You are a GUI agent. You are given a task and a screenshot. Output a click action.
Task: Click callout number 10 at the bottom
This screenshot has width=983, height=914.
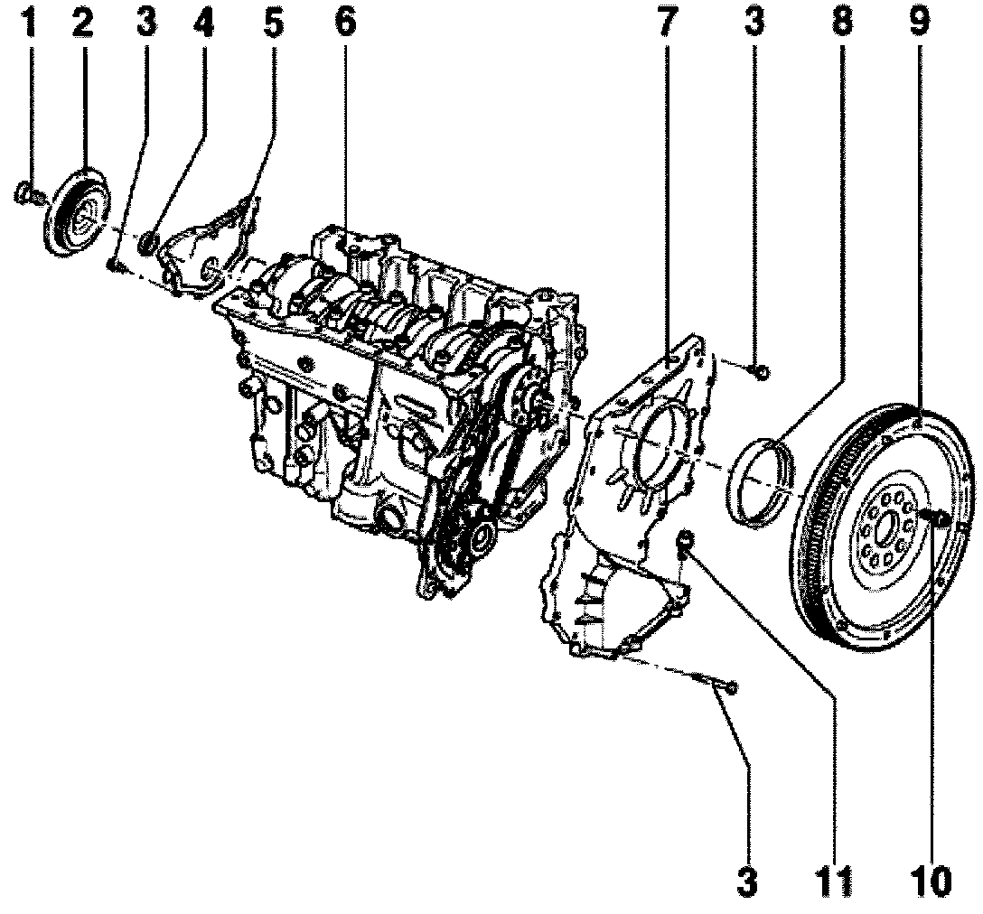(x=930, y=881)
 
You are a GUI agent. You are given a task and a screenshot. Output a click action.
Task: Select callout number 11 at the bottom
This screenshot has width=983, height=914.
(x=839, y=881)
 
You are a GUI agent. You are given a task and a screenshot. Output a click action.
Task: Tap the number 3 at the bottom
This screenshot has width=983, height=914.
(x=747, y=881)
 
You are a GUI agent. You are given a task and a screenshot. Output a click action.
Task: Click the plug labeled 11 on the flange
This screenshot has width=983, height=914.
(x=686, y=540)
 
